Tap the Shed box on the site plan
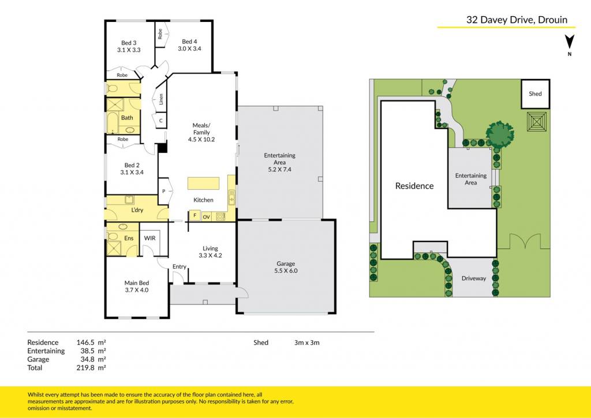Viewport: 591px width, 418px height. coord(535,94)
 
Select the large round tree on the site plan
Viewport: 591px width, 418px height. coord(500,133)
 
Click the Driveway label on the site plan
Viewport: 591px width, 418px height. coord(474,278)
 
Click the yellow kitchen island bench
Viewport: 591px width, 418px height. coord(204,183)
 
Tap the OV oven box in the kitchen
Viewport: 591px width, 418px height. coord(206,217)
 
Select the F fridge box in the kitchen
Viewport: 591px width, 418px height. coord(195,216)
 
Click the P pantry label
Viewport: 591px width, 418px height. coord(163,191)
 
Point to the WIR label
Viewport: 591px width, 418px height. coord(149,238)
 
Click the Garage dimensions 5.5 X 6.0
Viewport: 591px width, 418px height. coord(286,270)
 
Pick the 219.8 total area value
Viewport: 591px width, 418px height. coord(85,367)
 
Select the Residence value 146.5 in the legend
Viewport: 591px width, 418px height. coord(85,342)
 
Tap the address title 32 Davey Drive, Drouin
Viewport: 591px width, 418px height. coord(517,20)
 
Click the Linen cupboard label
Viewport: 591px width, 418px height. coord(162,99)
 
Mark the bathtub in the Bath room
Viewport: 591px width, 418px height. coord(113,123)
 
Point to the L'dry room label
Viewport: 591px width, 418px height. coord(137,210)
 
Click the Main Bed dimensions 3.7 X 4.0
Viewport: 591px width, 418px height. coord(136,290)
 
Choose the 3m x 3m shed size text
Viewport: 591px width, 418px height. coord(307,342)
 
